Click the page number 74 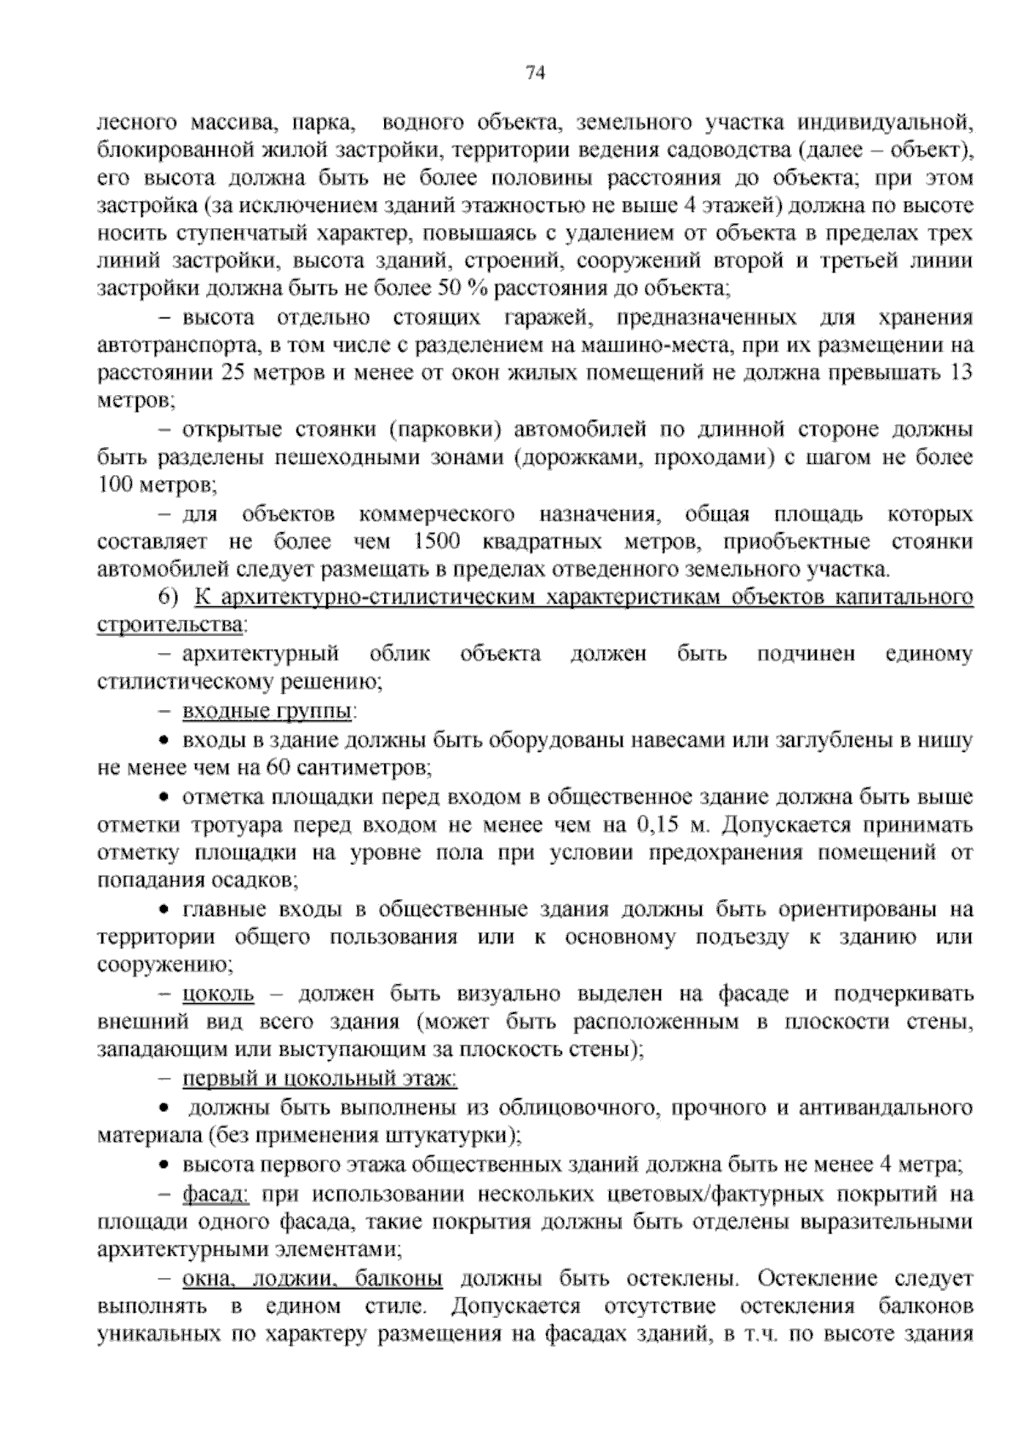point(536,73)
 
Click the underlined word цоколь point(218,994)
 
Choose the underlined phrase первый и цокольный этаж point(319,1080)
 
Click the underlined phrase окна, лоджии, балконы point(312,1279)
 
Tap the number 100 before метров point(117,486)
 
